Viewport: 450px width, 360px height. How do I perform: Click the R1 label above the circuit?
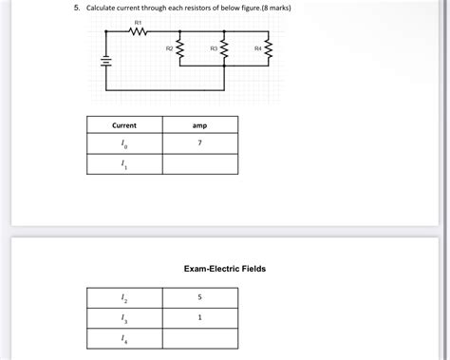(x=138, y=21)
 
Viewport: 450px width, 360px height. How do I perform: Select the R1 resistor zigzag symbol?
(x=138, y=32)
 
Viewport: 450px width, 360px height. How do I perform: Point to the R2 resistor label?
(x=169, y=47)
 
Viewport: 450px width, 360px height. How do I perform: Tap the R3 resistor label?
(x=214, y=47)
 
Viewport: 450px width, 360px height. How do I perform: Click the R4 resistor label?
(x=258, y=47)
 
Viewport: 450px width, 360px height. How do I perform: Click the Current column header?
(x=124, y=125)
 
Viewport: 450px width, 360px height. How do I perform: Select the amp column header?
(x=199, y=125)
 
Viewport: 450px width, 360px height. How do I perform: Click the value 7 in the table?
(x=200, y=143)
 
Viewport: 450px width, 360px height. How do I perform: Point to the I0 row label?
(x=124, y=144)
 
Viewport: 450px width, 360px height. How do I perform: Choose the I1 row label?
(x=124, y=164)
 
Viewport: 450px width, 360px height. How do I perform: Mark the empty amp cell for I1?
(x=200, y=164)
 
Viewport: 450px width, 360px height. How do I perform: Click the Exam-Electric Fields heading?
(x=225, y=269)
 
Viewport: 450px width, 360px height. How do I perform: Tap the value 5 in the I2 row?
(x=200, y=298)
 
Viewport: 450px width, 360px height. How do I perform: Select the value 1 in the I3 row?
(x=200, y=318)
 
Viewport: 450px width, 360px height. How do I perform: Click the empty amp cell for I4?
(x=200, y=338)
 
